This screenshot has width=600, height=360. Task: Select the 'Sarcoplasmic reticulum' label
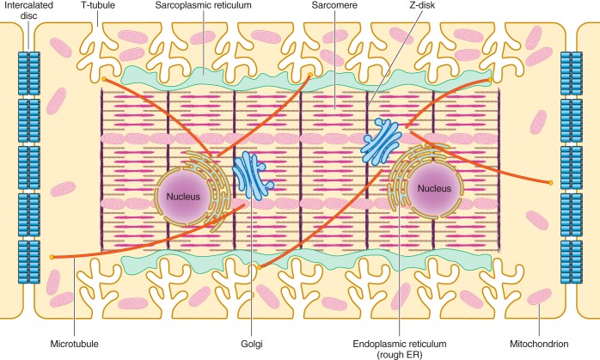199,6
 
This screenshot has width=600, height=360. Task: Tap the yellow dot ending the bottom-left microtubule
53,257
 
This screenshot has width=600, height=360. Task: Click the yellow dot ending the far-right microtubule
550,182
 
